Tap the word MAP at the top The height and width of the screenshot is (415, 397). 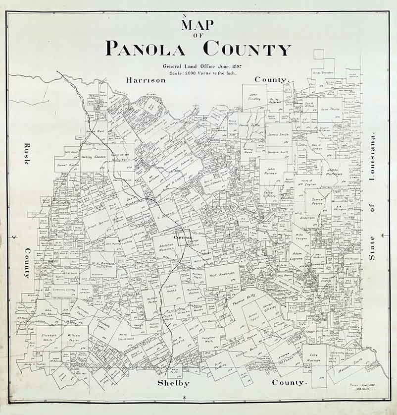click(198, 24)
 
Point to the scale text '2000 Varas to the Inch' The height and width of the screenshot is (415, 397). click(208, 72)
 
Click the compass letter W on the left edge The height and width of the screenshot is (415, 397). click(14, 237)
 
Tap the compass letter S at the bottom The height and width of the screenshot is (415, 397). click(184, 398)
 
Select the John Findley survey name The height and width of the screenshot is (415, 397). click(254, 96)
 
